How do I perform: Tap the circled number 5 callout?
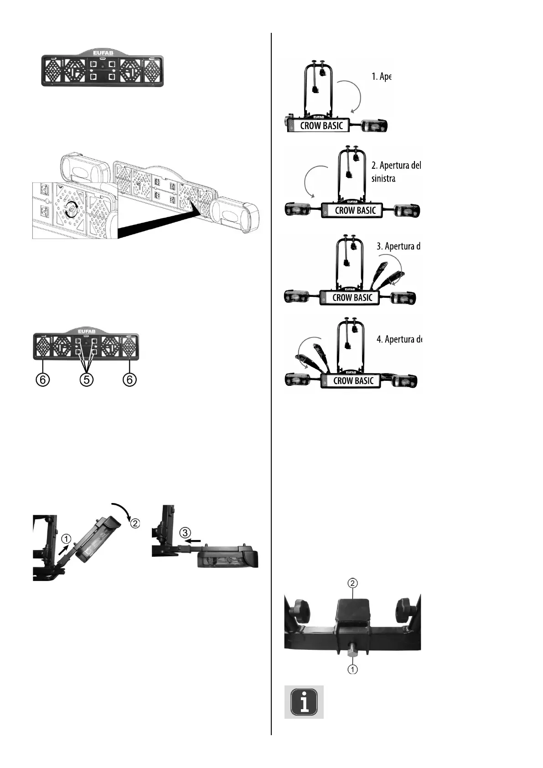pyautogui.click(x=86, y=379)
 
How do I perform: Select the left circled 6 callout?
pyautogui.click(x=43, y=379)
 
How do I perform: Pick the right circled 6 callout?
pyautogui.click(x=130, y=379)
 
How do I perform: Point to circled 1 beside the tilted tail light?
pyautogui.click(x=67, y=540)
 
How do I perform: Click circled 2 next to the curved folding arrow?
pyautogui.click(x=135, y=523)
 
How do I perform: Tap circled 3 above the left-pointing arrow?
pyautogui.click(x=184, y=532)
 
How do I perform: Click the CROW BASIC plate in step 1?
pyautogui.click(x=321, y=125)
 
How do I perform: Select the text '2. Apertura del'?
pyautogui.click(x=396, y=165)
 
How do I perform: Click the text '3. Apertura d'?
pyautogui.click(x=398, y=246)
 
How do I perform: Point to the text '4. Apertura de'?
pyautogui.click(x=399, y=339)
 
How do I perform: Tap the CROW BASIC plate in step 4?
pyautogui.click(x=353, y=381)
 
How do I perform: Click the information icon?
pyautogui.click(x=304, y=702)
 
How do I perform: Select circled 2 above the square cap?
pyautogui.click(x=352, y=583)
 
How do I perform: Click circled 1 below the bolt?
pyautogui.click(x=352, y=669)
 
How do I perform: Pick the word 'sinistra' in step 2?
pyautogui.click(x=383, y=178)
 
